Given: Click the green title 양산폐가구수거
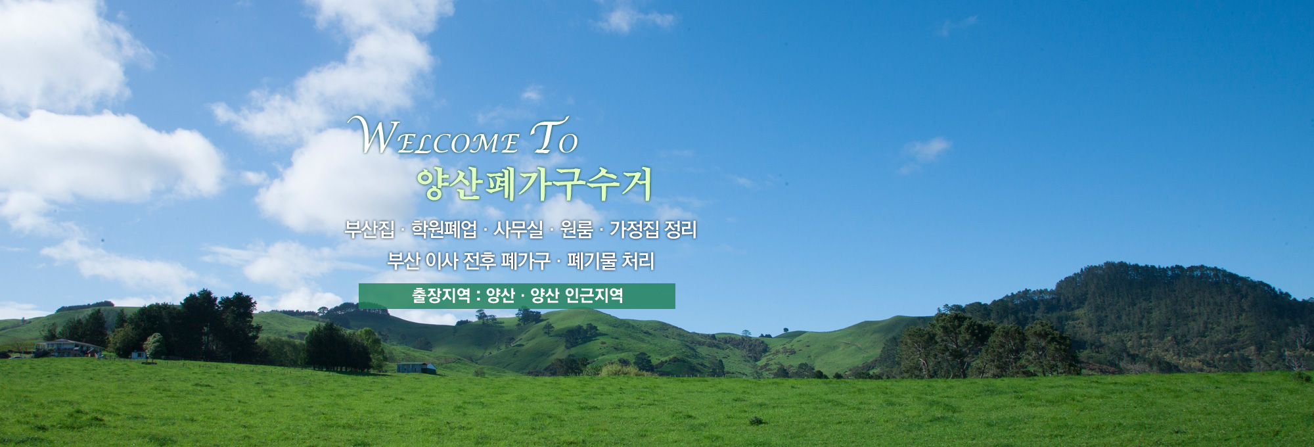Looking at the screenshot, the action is [533, 183].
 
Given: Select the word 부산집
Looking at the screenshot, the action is [369, 229].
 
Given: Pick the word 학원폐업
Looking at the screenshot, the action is [444, 229].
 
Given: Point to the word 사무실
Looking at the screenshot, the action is [518, 229].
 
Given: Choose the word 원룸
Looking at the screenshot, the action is [576, 229].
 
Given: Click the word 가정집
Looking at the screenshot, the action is [634, 229].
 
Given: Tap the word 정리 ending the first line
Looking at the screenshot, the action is [681, 229].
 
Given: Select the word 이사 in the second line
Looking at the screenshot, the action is [442, 261].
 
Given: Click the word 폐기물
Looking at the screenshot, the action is [592, 261].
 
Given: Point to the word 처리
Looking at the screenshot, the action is [638, 261].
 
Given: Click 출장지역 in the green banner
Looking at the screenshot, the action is [441, 296].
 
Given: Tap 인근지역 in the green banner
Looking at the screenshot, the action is [594, 296].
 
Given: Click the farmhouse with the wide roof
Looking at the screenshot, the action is [68, 347].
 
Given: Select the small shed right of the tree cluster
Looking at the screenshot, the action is [416, 368].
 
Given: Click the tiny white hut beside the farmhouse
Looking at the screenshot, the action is [138, 355].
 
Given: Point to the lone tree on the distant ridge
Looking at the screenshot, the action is [784, 329].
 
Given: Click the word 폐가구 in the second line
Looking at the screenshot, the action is [526, 261].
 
